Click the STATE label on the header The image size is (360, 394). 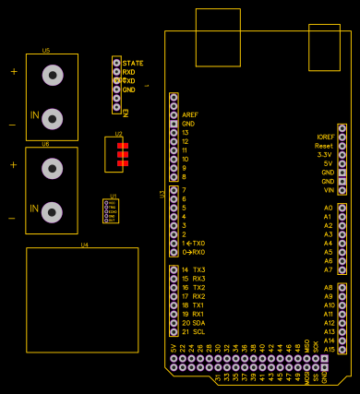[x=133, y=63]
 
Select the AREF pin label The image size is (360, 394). [x=190, y=114]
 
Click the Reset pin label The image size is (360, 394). [x=324, y=146]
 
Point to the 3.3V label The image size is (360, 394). [x=325, y=155]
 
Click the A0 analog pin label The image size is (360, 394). [x=328, y=208]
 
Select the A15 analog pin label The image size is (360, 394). [x=330, y=349]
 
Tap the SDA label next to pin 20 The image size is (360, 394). [x=198, y=323]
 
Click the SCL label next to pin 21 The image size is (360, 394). [x=198, y=331]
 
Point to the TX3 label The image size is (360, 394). [x=199, y=269]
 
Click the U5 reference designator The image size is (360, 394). [x=45, y=50]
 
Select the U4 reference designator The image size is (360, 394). [x=84, y=245]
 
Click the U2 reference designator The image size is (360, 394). [x=119, y=135]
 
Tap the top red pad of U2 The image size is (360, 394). [x=123, y=146]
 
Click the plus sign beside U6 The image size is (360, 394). [x=13, y=164]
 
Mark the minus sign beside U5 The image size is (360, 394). [x=12, y=124]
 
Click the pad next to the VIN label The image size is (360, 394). [x=342, y=190]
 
